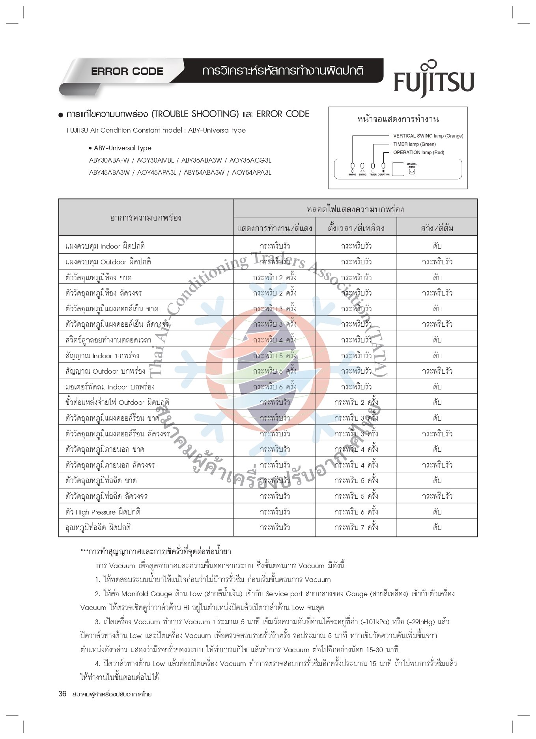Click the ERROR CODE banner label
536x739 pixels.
127,71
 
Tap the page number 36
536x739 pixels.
62,694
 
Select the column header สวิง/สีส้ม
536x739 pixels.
437,228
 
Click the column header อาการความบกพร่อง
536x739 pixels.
146,217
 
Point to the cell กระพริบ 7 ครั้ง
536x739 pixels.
356,527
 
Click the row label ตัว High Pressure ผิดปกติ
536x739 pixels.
103,512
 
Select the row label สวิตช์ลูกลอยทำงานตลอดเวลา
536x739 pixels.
108,340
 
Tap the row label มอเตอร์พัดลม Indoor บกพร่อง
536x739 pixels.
110,387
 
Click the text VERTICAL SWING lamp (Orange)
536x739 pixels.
428,136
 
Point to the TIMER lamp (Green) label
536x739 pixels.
414,144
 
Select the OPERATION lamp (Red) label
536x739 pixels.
418,152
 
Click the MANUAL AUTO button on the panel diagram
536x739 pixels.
412,171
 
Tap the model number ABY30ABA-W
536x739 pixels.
109,160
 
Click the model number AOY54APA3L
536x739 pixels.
251,172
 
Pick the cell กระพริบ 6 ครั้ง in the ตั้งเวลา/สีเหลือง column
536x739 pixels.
356,512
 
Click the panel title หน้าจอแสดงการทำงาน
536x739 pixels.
398,119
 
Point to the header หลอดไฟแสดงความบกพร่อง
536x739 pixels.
355,209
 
